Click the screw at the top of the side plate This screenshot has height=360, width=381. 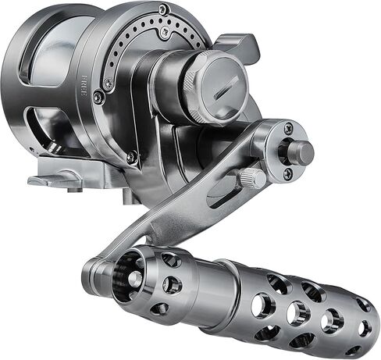coord(162,10)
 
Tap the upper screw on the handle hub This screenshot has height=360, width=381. coord(288,127)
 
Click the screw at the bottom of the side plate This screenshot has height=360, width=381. coord(132,157)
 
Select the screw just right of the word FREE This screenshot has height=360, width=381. coord(97,98)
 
